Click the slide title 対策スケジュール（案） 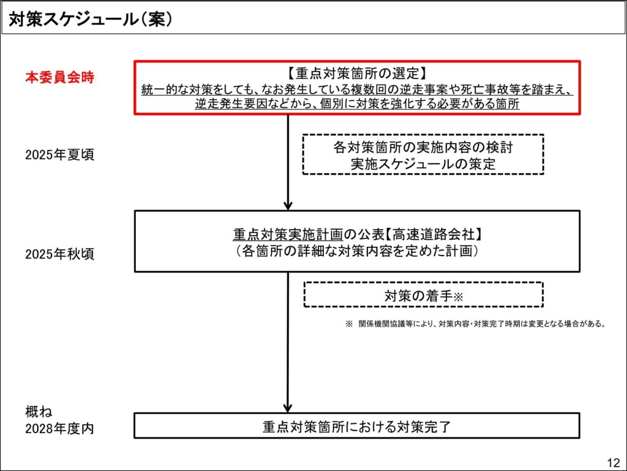pyautogui.click(x=91, y=19)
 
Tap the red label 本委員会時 pyautogui.click(x=59, y=77)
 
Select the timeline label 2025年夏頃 pyautogui.click(x=59, y=154)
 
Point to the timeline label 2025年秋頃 pyautogui.click(x=59, y=254)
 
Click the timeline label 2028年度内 pyautogui.click(x=59, y=429)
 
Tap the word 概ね pyautogui.click(x=39, y=412)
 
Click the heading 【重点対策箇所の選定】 pyautogui.click(x=357, y=73)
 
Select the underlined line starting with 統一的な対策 pyautogui.click(x=357, y=89)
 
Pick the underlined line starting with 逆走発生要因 pyautogui.click(x=357, y=104)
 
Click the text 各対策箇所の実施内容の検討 pyautogui.click(x=423, y=147)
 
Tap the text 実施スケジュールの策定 pyautogui.click(x=423, y=164)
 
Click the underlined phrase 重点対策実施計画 pyautogui.click(x=288, y=235)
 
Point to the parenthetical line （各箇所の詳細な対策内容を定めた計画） pyautogui.click(x=357, y=251)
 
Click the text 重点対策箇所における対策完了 pyautogui.click(x=357, y=427)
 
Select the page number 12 pyautogui.click(x=614, y=462)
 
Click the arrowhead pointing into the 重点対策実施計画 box pyautogui.click(x=288, y=206)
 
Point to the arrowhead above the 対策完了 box pyautogui.click(x=288, y=407)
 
